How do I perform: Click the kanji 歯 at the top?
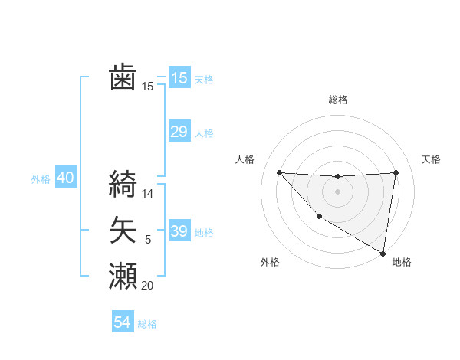[x=123, y=78]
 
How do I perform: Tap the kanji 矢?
[x=123, y=230]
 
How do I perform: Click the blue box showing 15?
[x=179, y=78]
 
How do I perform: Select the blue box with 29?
[x=179, y=132]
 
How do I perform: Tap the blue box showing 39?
[x=179, y=231]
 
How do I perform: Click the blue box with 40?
[x=65, y=178]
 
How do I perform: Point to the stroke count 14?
[x=148, y=194]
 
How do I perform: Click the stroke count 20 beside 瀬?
[x=148, y=286]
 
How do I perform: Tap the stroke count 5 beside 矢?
[x=148, y=241]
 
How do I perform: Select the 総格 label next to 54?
[x=148, y=324]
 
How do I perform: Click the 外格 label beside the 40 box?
[x=41, y=179]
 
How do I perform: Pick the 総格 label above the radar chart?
[x=337, y=100]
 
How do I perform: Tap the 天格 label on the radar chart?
[x=431, y=159]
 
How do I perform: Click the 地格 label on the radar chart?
[x=402, y=262]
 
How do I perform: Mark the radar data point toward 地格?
[x=382, y=253]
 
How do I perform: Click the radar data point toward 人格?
[x=279, y=172]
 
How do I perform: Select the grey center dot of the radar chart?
[x=337, y=191]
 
